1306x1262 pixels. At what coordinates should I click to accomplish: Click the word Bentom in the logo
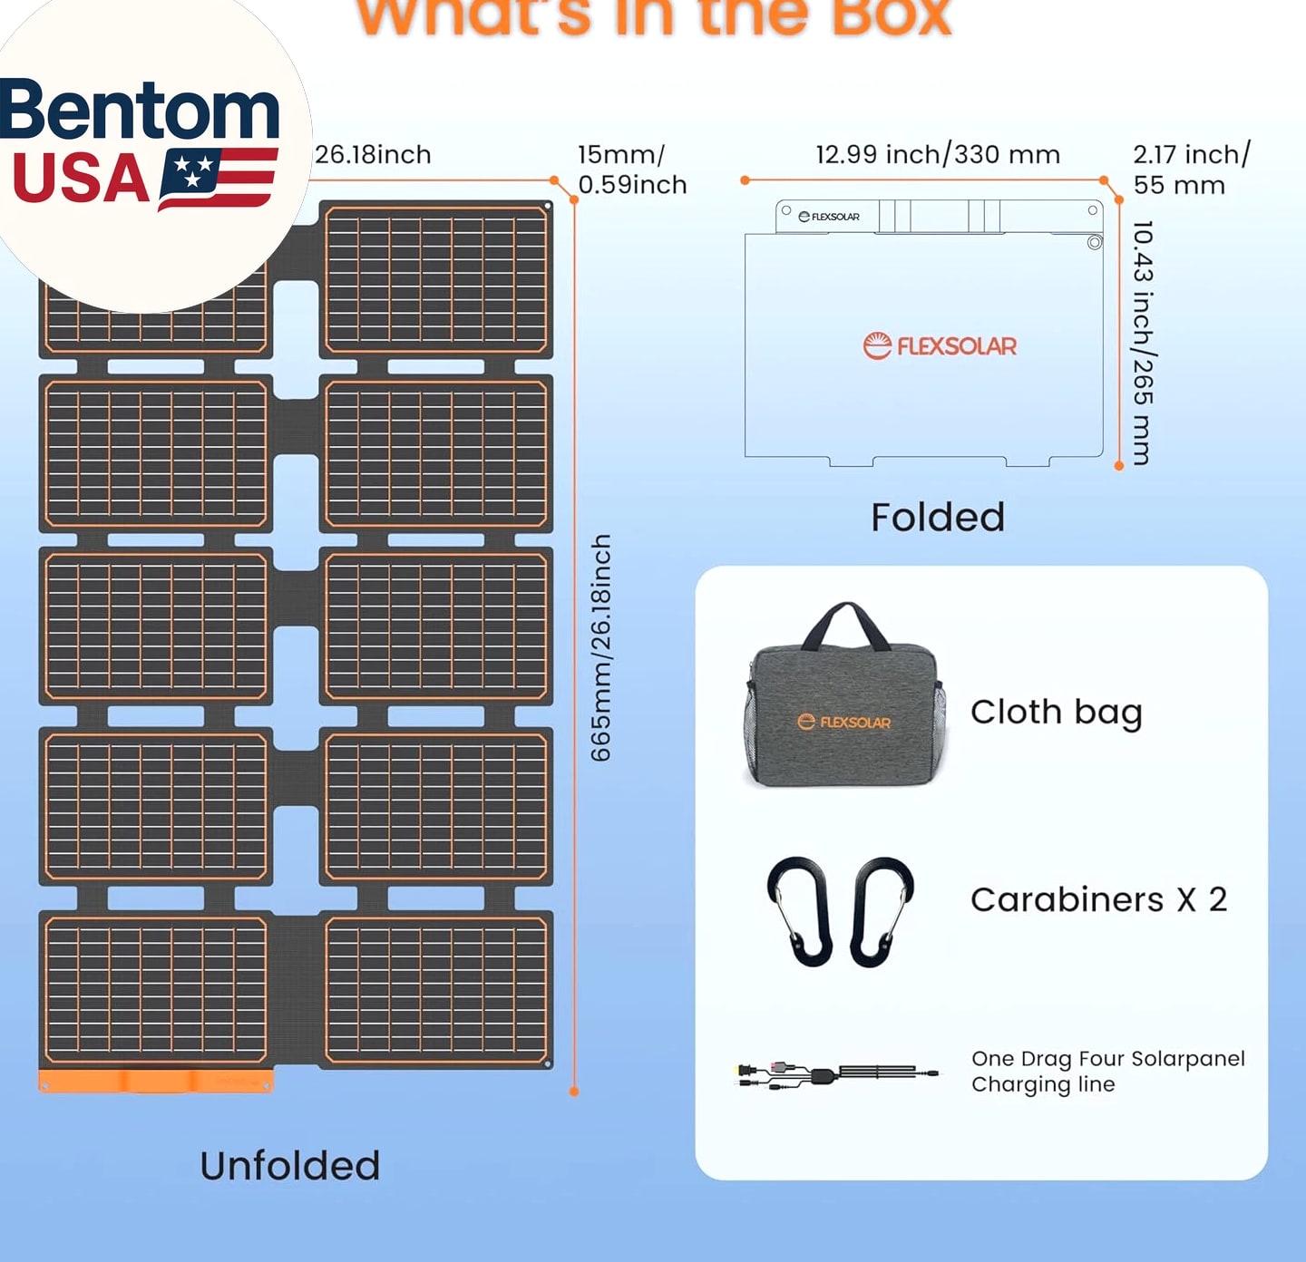140,111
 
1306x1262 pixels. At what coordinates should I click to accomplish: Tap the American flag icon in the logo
218,178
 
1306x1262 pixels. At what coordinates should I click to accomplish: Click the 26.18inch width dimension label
373,155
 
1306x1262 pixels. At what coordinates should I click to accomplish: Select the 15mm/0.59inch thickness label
631,170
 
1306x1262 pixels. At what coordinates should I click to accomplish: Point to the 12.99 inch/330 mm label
938,155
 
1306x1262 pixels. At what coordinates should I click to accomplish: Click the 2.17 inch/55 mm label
1190,170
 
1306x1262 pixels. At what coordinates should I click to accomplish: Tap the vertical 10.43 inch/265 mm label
1143,343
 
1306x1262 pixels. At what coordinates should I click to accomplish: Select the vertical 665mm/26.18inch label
601,647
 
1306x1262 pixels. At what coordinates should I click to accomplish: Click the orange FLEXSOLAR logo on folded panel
939,345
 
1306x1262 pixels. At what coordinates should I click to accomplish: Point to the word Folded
938,518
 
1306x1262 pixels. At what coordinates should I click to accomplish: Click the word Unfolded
290,1166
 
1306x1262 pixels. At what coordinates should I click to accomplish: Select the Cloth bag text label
1056,713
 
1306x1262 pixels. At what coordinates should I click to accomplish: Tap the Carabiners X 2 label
1098,899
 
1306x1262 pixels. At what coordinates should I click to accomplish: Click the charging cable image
834,1075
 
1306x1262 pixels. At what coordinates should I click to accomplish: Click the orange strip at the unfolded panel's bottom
155,1081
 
